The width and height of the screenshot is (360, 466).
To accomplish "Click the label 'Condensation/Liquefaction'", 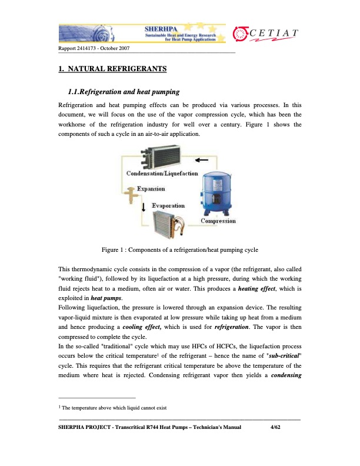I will click(x=162, y=174).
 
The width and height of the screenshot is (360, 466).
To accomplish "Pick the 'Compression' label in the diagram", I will click(x=218, y=221).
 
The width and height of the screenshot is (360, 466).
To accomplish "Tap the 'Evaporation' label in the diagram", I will click(x=168, y=206).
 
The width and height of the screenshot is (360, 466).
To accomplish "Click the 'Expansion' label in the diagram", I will click(x=151, y=189).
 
